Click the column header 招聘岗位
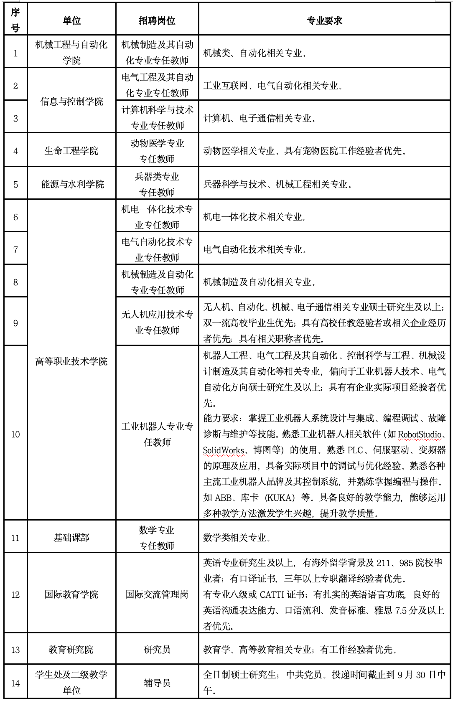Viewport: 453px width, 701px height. point(157,20)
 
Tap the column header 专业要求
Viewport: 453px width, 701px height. point(324,20)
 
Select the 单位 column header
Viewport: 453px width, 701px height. point(71,20)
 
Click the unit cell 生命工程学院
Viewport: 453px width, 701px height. point(71,151)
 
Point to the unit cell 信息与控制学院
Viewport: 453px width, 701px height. point(71,102)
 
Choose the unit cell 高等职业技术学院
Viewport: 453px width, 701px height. point(71,361)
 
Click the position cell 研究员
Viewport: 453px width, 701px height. point(157,650)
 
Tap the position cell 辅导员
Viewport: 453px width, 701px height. point(157,683)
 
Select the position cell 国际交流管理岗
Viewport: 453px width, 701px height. point(157,594)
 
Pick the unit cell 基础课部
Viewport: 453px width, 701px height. point(71,538)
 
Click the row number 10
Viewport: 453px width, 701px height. point(15,434)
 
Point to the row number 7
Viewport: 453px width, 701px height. point(15,250)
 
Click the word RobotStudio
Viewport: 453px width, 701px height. point(420,434)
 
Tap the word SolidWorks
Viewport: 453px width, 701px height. point(224,450)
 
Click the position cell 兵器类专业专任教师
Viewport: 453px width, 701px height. point(157,184)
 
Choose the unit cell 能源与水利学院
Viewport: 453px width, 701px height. point(71,184)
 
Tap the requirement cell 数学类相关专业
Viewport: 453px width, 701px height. point(237,538)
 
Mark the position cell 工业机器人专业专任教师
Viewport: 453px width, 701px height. point(157,434)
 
